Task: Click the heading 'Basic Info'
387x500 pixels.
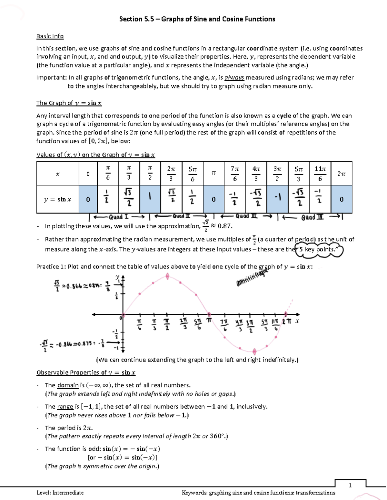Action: pyautogui.click(x=50, y=36)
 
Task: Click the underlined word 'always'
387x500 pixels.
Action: pyautogui.click(x=234, y=78)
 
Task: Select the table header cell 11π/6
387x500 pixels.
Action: pyautogui.click(x=320, y=174)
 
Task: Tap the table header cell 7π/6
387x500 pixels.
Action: pyautogui.click(x=234, y=174)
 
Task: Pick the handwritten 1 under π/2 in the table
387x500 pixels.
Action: pyautogui.click(x=150, y=196)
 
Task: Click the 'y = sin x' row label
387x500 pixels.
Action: pyautogui.click(x=57, y=199)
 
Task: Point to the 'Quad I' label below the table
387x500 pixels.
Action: pyautogui.click(x=118, y=217)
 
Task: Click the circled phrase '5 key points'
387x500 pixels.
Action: pyautogui.click(x=319, y=250)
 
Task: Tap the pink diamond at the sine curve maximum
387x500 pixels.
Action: pyautogui.click(x=167, y=276)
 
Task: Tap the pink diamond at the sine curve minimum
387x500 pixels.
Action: pyautogui.click(x=254, y=351)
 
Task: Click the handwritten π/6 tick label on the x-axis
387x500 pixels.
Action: pyautogui.click(x=139, y=325)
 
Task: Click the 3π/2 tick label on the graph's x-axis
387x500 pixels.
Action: pyautogui.click(x=250, y=325)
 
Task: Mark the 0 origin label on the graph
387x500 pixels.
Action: pyautogui.click(x=121, y=318)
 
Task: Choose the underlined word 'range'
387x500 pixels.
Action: pyautogui.click(x=65, y=407)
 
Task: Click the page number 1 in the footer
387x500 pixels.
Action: pyautogui.click(x=350, y=485)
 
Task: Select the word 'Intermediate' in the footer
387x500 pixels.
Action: pyautogui.click(x=68, y=493)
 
